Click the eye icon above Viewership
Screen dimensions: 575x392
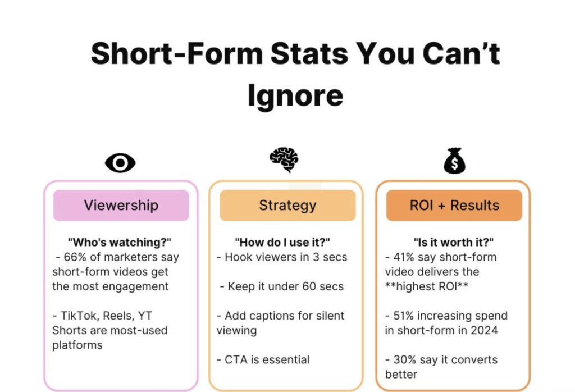[x=120, y=163]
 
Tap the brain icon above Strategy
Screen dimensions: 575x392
[x=284, y=160]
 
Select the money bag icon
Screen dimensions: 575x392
[x=454, y=161]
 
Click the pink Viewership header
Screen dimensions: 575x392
[x=121, y=206]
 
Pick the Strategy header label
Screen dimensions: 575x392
[x=287, y=206]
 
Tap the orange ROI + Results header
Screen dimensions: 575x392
[x=454, y=206]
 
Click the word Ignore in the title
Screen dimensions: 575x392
[x=295, y=95]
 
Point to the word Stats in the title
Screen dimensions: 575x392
[x=309, y=53]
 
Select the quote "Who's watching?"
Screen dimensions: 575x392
[x=120, y=243]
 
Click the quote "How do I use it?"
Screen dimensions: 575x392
[x=282, y=243]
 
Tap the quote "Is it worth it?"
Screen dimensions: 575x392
[x=454, y=243]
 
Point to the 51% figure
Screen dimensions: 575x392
[x=403, y=316]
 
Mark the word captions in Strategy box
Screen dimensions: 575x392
[x=265, y=316]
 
